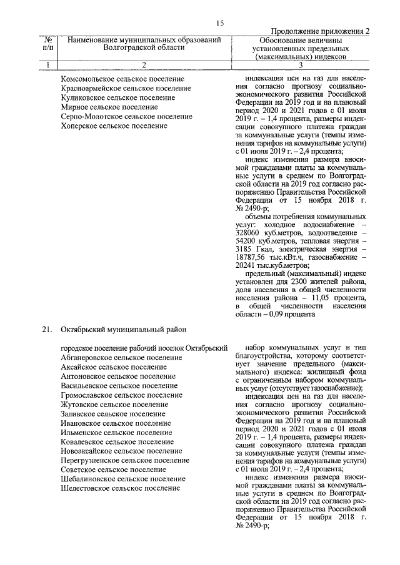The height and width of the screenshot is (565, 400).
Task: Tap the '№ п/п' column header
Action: [x=47, y=44]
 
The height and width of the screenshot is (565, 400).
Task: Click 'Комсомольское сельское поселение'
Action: [x=122, y=79]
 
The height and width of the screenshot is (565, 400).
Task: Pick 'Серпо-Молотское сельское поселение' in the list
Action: [x=126, y=117]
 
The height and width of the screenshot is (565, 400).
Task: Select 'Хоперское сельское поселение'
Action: [x=114, y=126]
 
